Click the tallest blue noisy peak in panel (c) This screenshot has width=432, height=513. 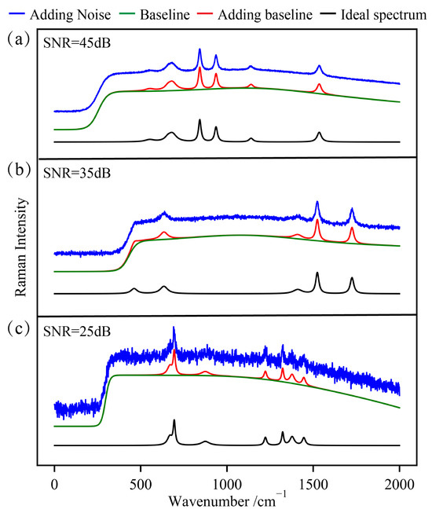(174, 329)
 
